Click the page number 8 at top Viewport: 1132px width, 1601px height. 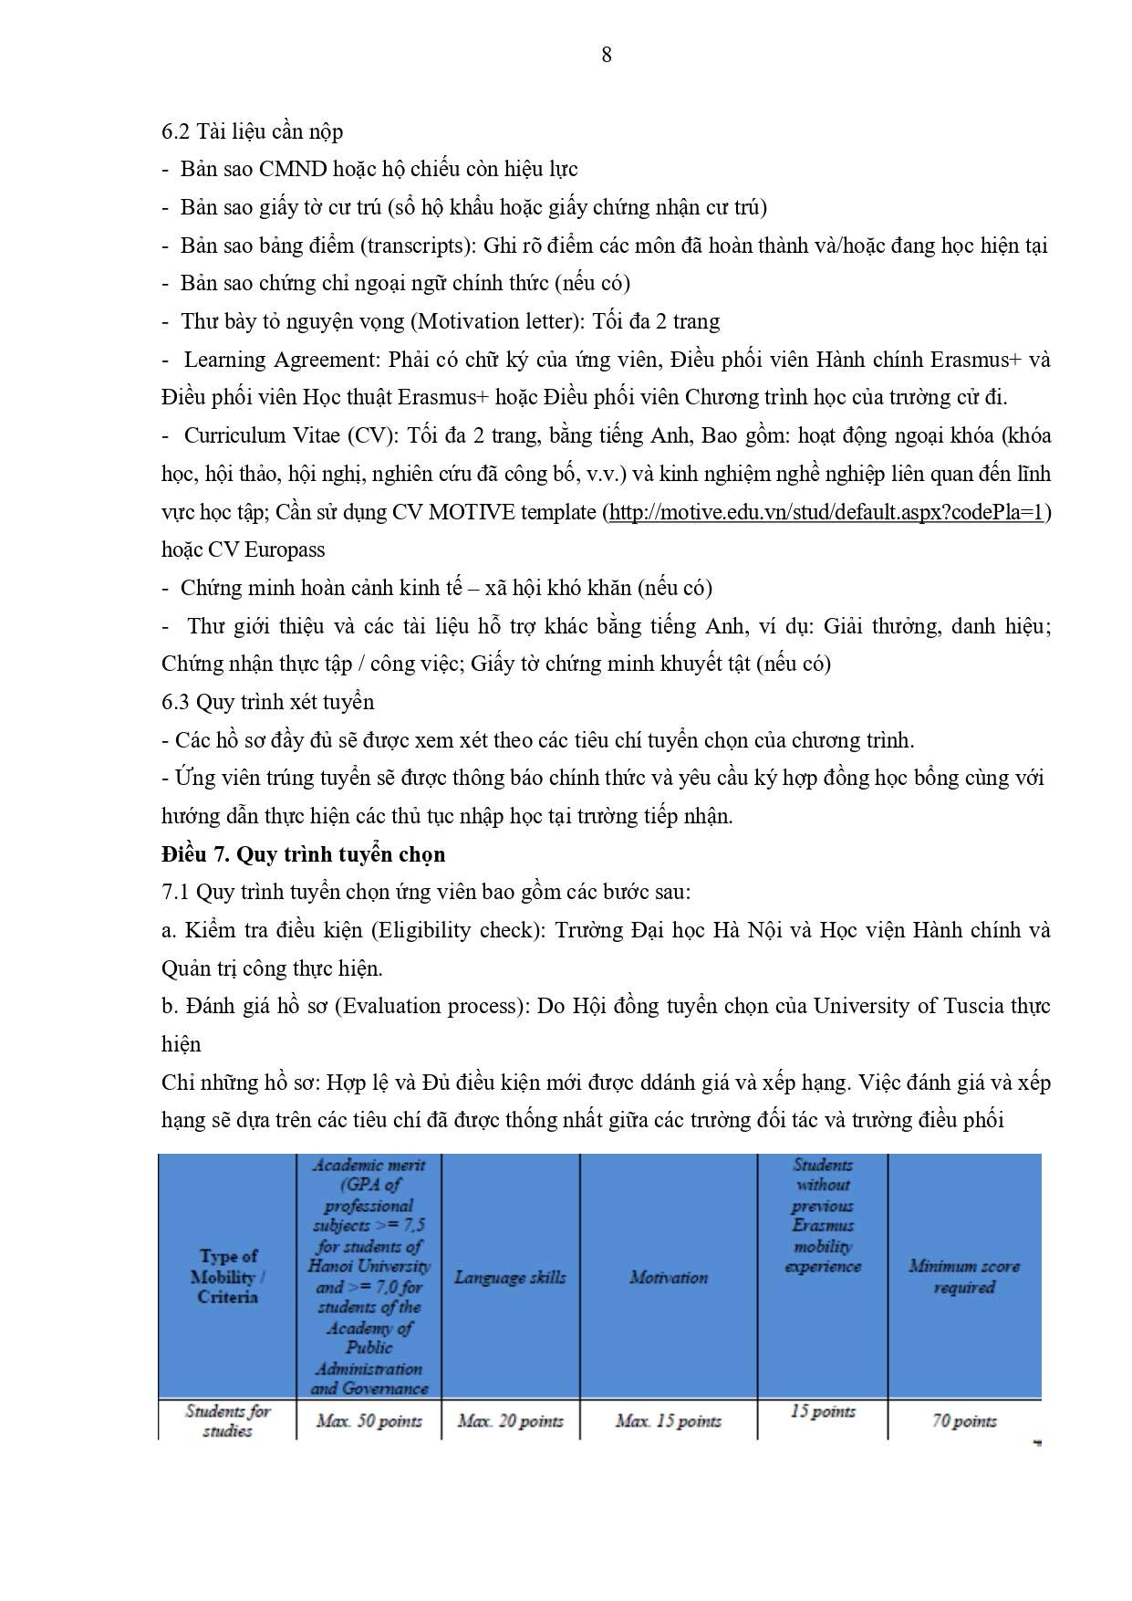(607, 55)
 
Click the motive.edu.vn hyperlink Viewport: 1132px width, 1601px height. (826, 512)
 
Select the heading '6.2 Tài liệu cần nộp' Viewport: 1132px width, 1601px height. (253, 131)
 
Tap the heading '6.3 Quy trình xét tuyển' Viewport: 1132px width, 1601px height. (268, 702)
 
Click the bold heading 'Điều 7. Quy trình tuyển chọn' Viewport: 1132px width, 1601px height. (304, 854)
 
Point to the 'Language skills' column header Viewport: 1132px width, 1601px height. (510, 1277)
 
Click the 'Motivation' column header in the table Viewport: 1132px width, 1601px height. (669, 1277)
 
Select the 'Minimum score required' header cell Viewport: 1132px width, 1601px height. (964, 1276)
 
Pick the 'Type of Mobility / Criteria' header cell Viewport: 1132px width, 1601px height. (228, 1276)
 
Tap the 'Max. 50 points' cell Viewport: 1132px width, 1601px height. (369, 1421)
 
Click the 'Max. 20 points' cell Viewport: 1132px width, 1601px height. (511, 1421)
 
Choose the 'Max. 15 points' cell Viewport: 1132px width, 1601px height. (669, 1421)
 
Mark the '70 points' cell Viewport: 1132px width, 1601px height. (964, 1421)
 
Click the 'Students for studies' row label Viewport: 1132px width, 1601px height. (228, 1420)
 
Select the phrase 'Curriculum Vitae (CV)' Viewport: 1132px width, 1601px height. (291, 435)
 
